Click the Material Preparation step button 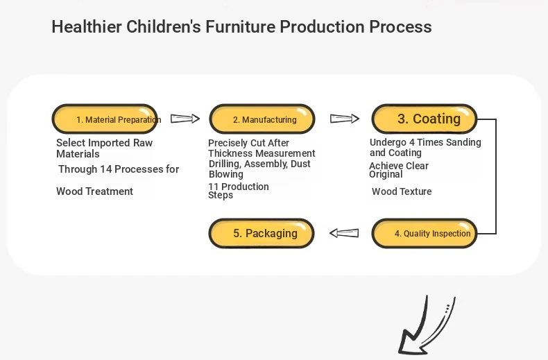(105, 119)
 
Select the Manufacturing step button (262, 119)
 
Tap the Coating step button (425, 119)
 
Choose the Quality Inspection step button (425, 233)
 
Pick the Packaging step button (262, 233)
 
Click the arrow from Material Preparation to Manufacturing (185, 119)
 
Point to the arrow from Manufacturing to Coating (345, 119)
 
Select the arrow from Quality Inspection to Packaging (344, 233)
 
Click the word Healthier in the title (87, 26)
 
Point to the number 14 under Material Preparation (105, 169)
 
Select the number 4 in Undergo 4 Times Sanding (412, 143)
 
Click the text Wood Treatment (95, 191)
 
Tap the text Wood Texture (402, 191)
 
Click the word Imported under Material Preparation (105, 143)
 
